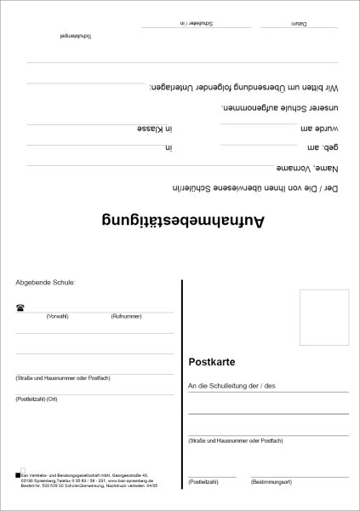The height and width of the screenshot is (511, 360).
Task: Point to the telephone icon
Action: (20, 307)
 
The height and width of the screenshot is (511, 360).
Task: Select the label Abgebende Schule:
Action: (45, 282)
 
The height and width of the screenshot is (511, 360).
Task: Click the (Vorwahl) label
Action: (58, 316)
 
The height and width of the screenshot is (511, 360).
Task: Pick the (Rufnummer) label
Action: (125, 316)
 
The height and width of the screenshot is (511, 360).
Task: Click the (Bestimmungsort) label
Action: (272, 482)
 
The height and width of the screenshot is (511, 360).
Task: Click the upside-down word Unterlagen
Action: (170, 88)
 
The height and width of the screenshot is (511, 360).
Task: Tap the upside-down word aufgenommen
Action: (247, 109)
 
